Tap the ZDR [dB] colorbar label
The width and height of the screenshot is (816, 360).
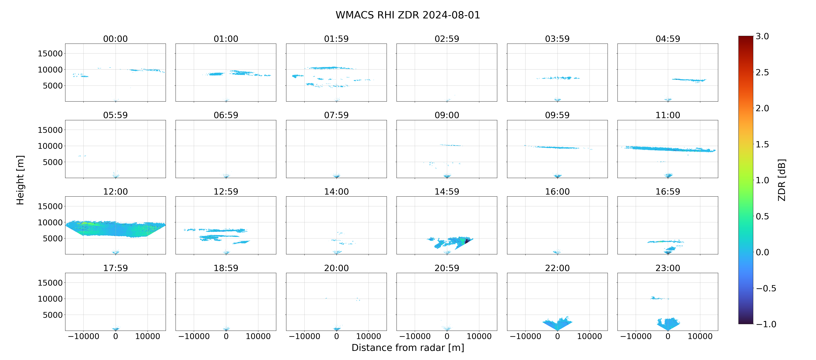(x=782, y=180)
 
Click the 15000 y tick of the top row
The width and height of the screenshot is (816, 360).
(x=50, y=54)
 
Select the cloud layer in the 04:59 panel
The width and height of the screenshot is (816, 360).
(x=689, y=80)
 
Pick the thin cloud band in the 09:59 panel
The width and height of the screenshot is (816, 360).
(x=557, y=147)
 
